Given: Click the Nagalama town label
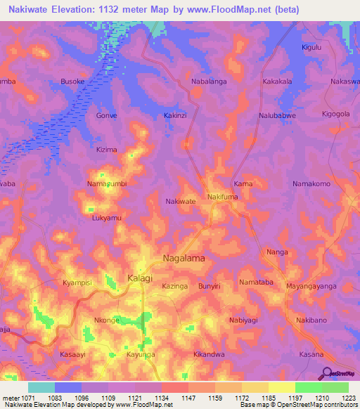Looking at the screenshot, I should [x=184, y=259].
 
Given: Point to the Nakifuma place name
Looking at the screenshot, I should [x=224, y=198].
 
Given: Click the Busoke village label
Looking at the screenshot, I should [x=72, y=82].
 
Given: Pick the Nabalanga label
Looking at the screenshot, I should [x=209, y=82].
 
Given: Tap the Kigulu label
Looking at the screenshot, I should [x=311, y=47].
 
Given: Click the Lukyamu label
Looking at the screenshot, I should [x=107, y=219].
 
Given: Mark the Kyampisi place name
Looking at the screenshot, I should [x=77, y=282].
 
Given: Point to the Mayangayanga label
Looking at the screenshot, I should [x=311, y=287].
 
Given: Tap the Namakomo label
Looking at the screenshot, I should [x=311, y=183].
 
